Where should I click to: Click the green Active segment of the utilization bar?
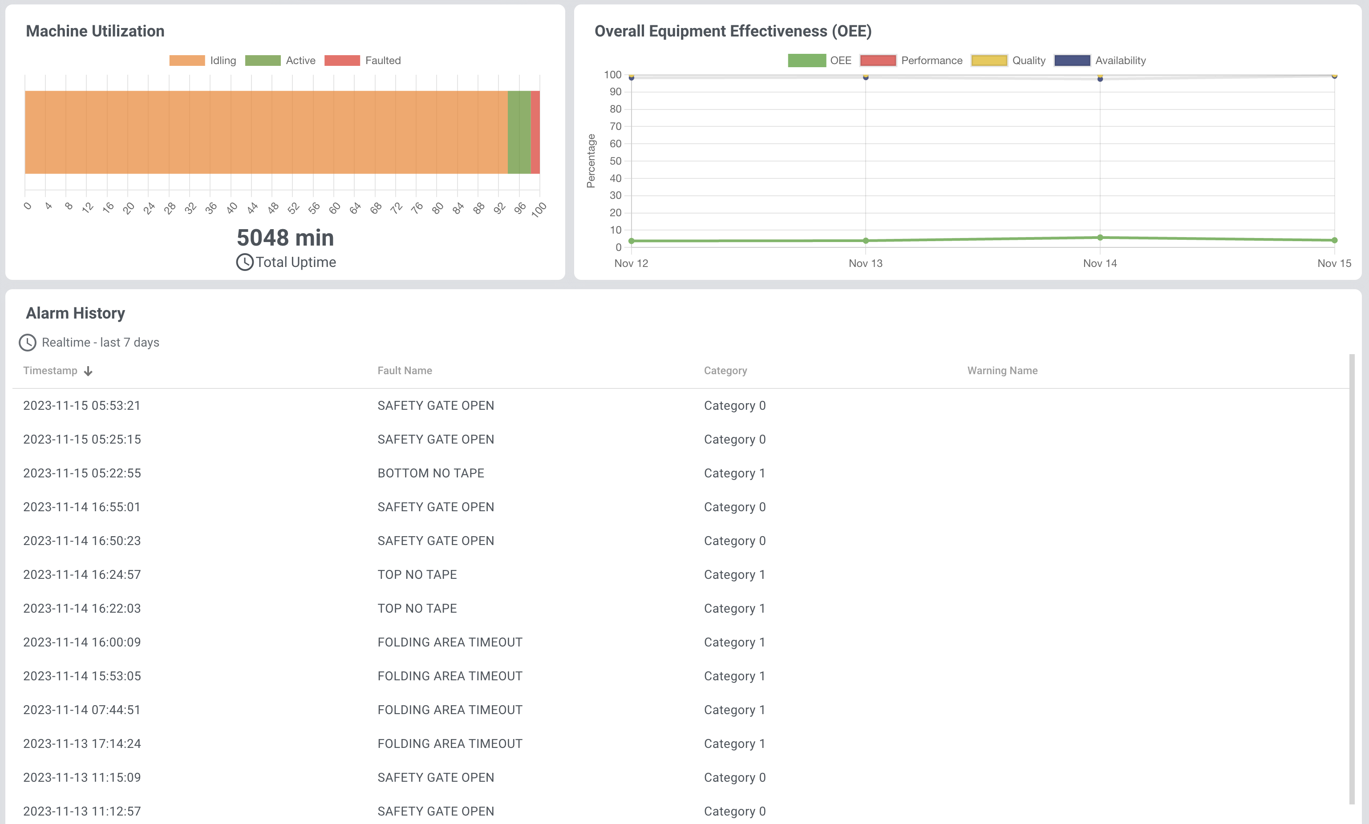(519, 132)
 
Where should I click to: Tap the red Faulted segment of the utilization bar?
(535, 132)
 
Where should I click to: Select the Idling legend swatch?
(187, 61)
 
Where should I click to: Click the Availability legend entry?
(1100, 61)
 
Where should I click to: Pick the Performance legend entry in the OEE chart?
(911, 61)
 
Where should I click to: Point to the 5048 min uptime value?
(285, 238)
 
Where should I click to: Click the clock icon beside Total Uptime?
(244, 262)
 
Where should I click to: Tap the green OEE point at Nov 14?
(1100, 238)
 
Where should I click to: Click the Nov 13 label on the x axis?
(865, 263)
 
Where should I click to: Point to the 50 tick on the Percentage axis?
(616, 161)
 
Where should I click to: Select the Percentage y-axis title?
(591, 161)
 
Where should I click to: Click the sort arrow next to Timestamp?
(88, 371)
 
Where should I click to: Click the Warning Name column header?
(1002, 370)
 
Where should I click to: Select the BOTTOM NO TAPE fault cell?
(430, 473)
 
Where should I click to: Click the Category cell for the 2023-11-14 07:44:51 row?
(734, 710)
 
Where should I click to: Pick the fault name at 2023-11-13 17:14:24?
(450, 743)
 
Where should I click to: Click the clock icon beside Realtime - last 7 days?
(28, 343)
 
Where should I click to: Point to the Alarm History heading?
(76, 313)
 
